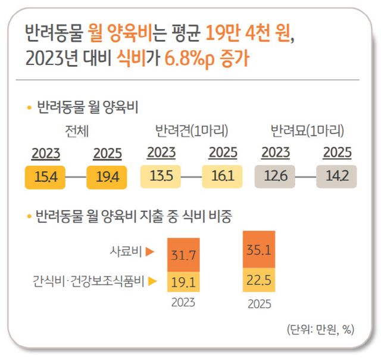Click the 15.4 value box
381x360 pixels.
(45, 178)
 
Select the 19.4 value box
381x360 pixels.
(107, 178)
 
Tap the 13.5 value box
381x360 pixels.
(161, 177)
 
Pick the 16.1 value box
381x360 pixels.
(222, 177)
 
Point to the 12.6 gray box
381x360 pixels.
(275, 177)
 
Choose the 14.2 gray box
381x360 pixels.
(336, 177)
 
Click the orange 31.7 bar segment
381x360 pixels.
(184, 256)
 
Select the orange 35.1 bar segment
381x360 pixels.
(258, 250)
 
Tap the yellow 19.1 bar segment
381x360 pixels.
(184, 281)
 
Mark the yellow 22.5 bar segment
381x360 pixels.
(258, 280)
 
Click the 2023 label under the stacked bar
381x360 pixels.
(183, 302)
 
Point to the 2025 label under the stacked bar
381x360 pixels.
(258, 304)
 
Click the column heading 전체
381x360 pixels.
(77, 131)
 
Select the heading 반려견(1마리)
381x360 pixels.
(191, 131)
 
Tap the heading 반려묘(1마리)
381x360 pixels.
(307, 131)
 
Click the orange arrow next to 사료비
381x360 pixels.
(150, 252)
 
